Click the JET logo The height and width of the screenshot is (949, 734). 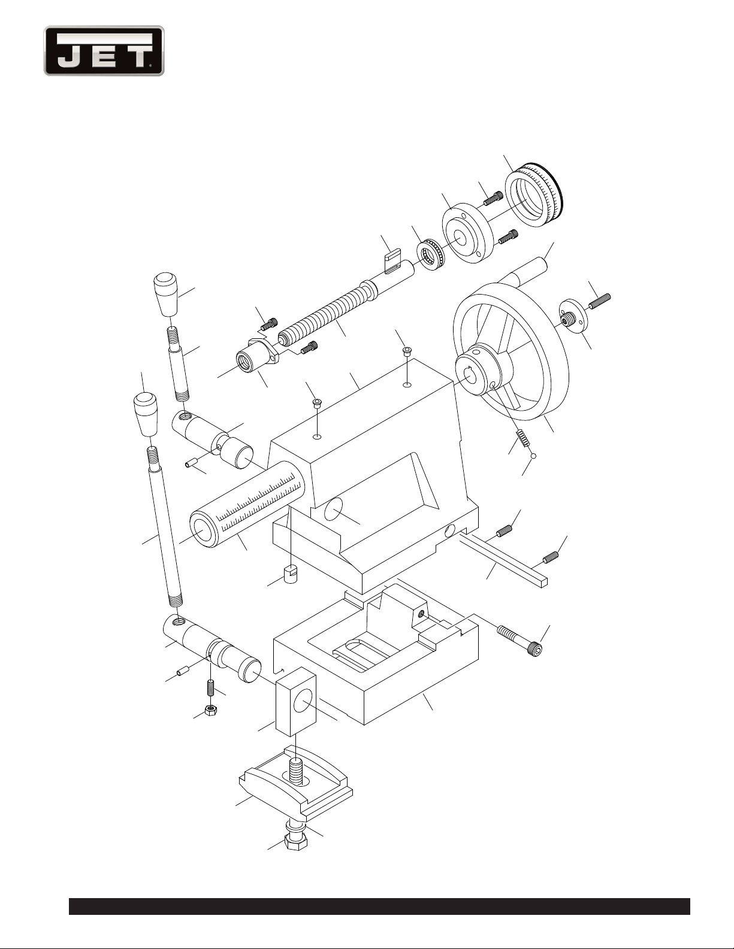click(x=104, y=51)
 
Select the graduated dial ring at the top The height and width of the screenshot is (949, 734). click(x=534, y=195)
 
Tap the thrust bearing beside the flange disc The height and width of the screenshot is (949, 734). click(x=431, y=254)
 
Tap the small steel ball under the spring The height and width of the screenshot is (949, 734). click(x=533, y=456)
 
